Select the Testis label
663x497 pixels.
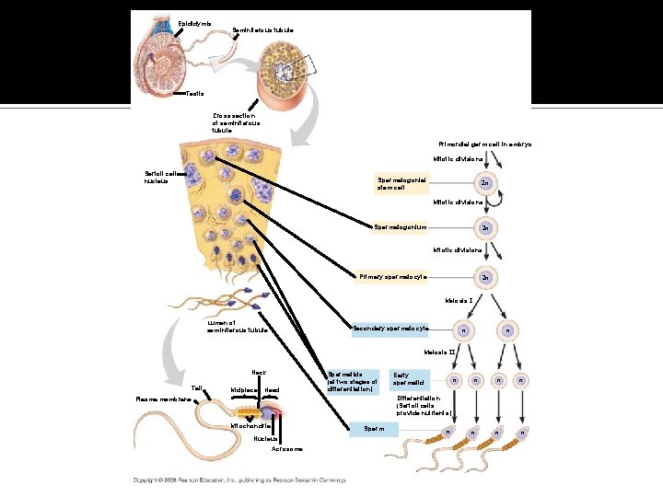(x=195, y=93)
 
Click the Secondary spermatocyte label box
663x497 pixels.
(x=391, y=329)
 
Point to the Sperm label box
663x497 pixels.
(x=373, y=428)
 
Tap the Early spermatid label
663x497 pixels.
(x=408, y=378)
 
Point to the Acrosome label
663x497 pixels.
(x=287, y=449)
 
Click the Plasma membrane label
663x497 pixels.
(x=160, y=399)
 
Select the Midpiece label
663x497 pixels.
(x=243, y=390)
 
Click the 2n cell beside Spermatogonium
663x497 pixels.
(x=484, y=228)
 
